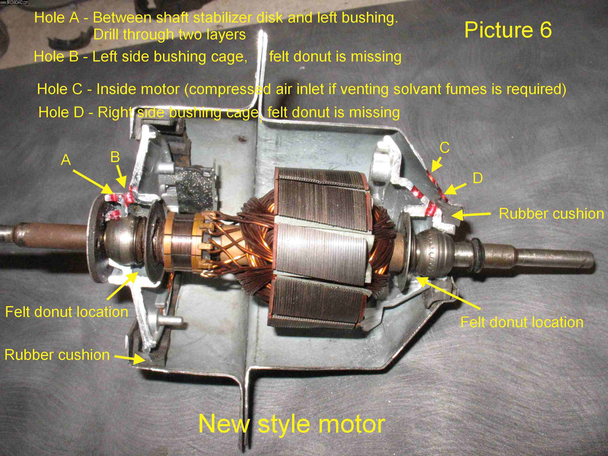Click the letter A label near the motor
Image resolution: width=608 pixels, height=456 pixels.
coord(66,160)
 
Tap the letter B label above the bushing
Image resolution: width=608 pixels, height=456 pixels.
coord(115,157)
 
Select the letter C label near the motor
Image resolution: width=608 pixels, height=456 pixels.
coord(445,148)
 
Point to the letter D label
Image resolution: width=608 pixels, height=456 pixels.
coord(478,178)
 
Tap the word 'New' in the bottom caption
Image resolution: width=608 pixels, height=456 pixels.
coord(224,424)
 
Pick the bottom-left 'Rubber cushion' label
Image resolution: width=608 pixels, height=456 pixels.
coord(57,355)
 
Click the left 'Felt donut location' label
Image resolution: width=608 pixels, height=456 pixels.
coord(67,312)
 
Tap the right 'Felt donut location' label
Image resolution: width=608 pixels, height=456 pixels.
coord(522,322)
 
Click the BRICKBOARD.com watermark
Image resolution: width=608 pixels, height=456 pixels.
coord(14,2)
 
